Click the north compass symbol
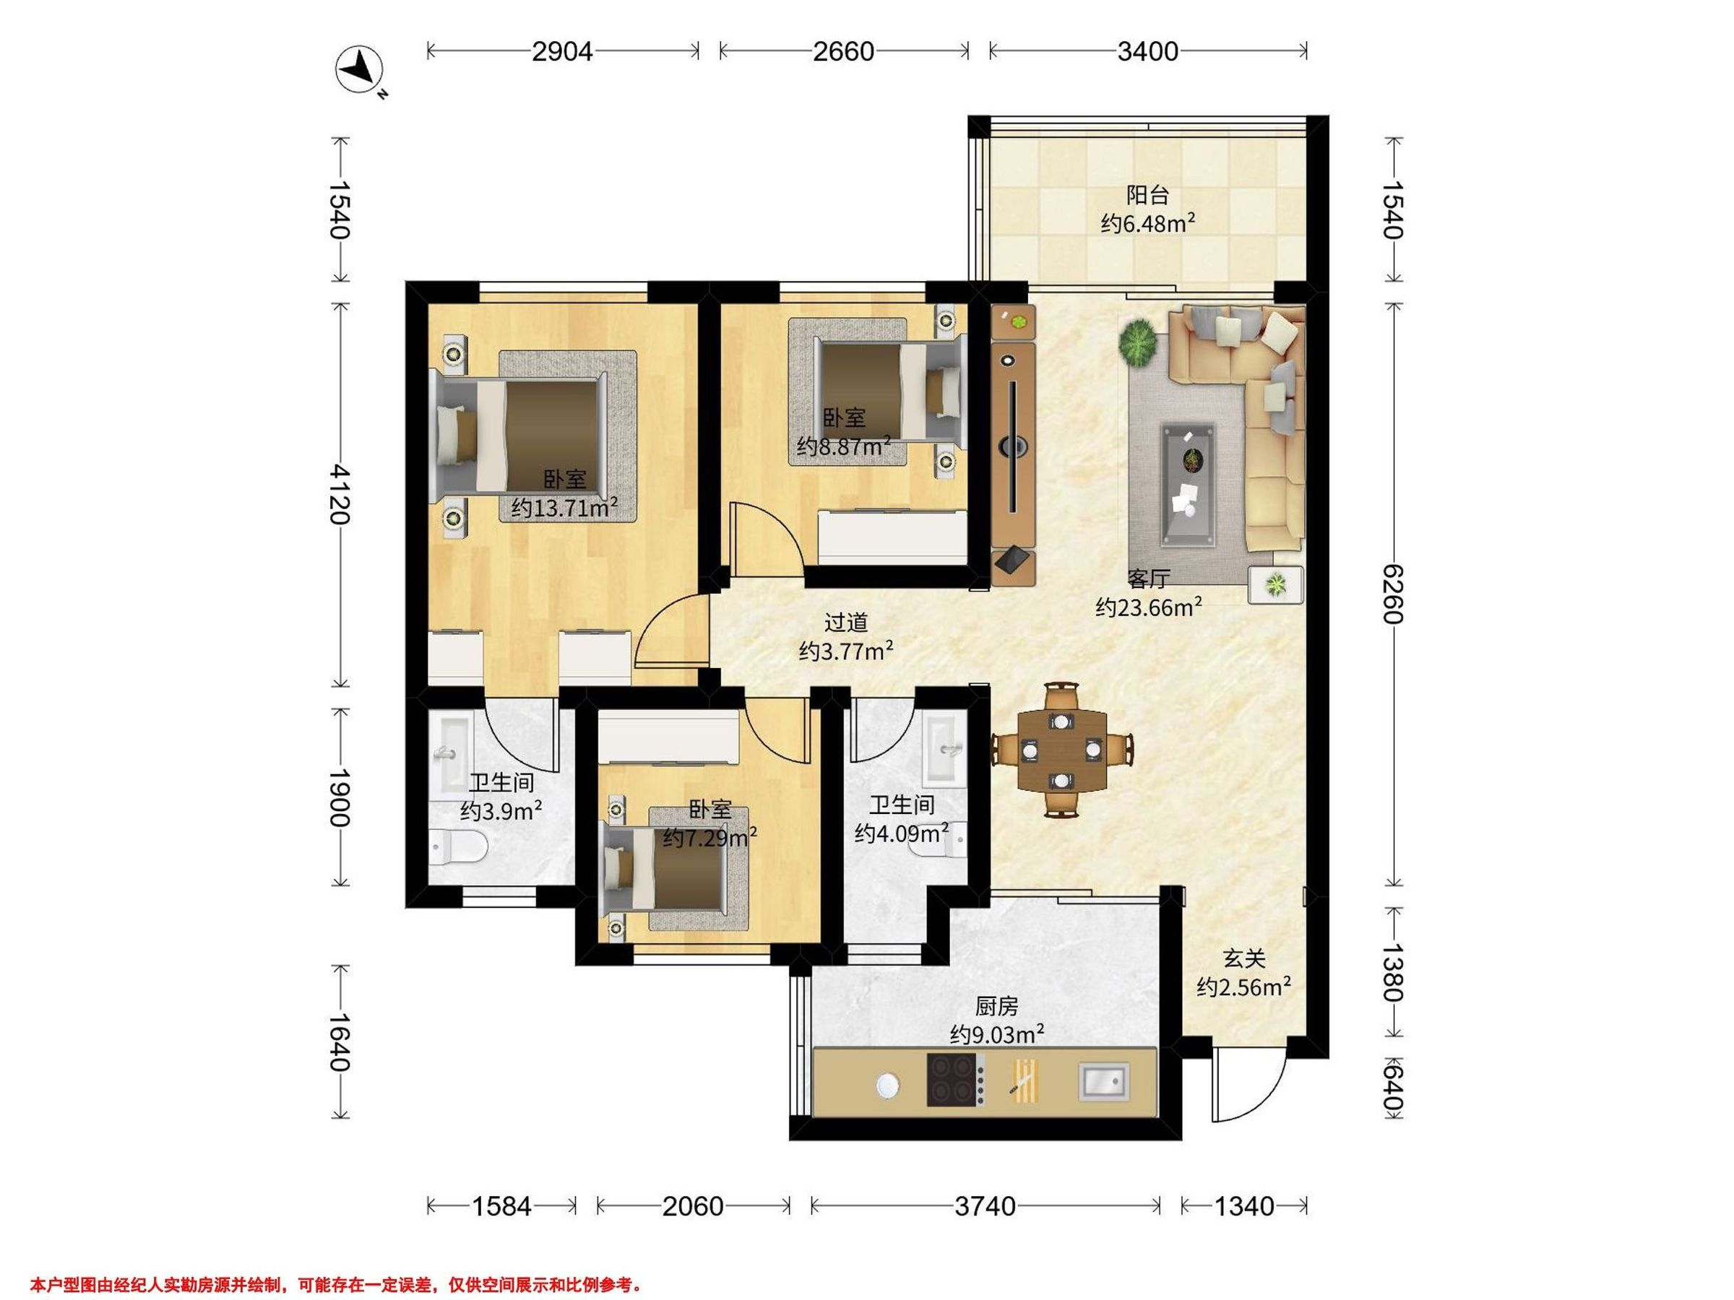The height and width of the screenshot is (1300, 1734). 360,71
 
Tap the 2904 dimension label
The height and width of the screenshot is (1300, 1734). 562,52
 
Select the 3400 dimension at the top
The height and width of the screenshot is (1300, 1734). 1147,52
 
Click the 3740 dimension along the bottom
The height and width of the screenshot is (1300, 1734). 985,1206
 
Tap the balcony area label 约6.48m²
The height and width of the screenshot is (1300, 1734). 1147,224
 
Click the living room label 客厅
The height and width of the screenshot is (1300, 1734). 1149,578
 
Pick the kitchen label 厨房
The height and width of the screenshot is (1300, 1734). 996,1005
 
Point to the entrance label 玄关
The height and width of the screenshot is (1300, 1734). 1244,958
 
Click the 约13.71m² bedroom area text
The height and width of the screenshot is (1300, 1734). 564,508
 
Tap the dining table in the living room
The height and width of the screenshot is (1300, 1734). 1062,750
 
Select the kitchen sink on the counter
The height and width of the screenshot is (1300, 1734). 1105,1082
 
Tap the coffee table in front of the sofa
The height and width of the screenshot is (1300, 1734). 1189,483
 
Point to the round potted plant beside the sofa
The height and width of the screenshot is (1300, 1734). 1139,342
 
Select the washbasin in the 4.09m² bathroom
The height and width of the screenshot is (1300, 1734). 944,750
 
